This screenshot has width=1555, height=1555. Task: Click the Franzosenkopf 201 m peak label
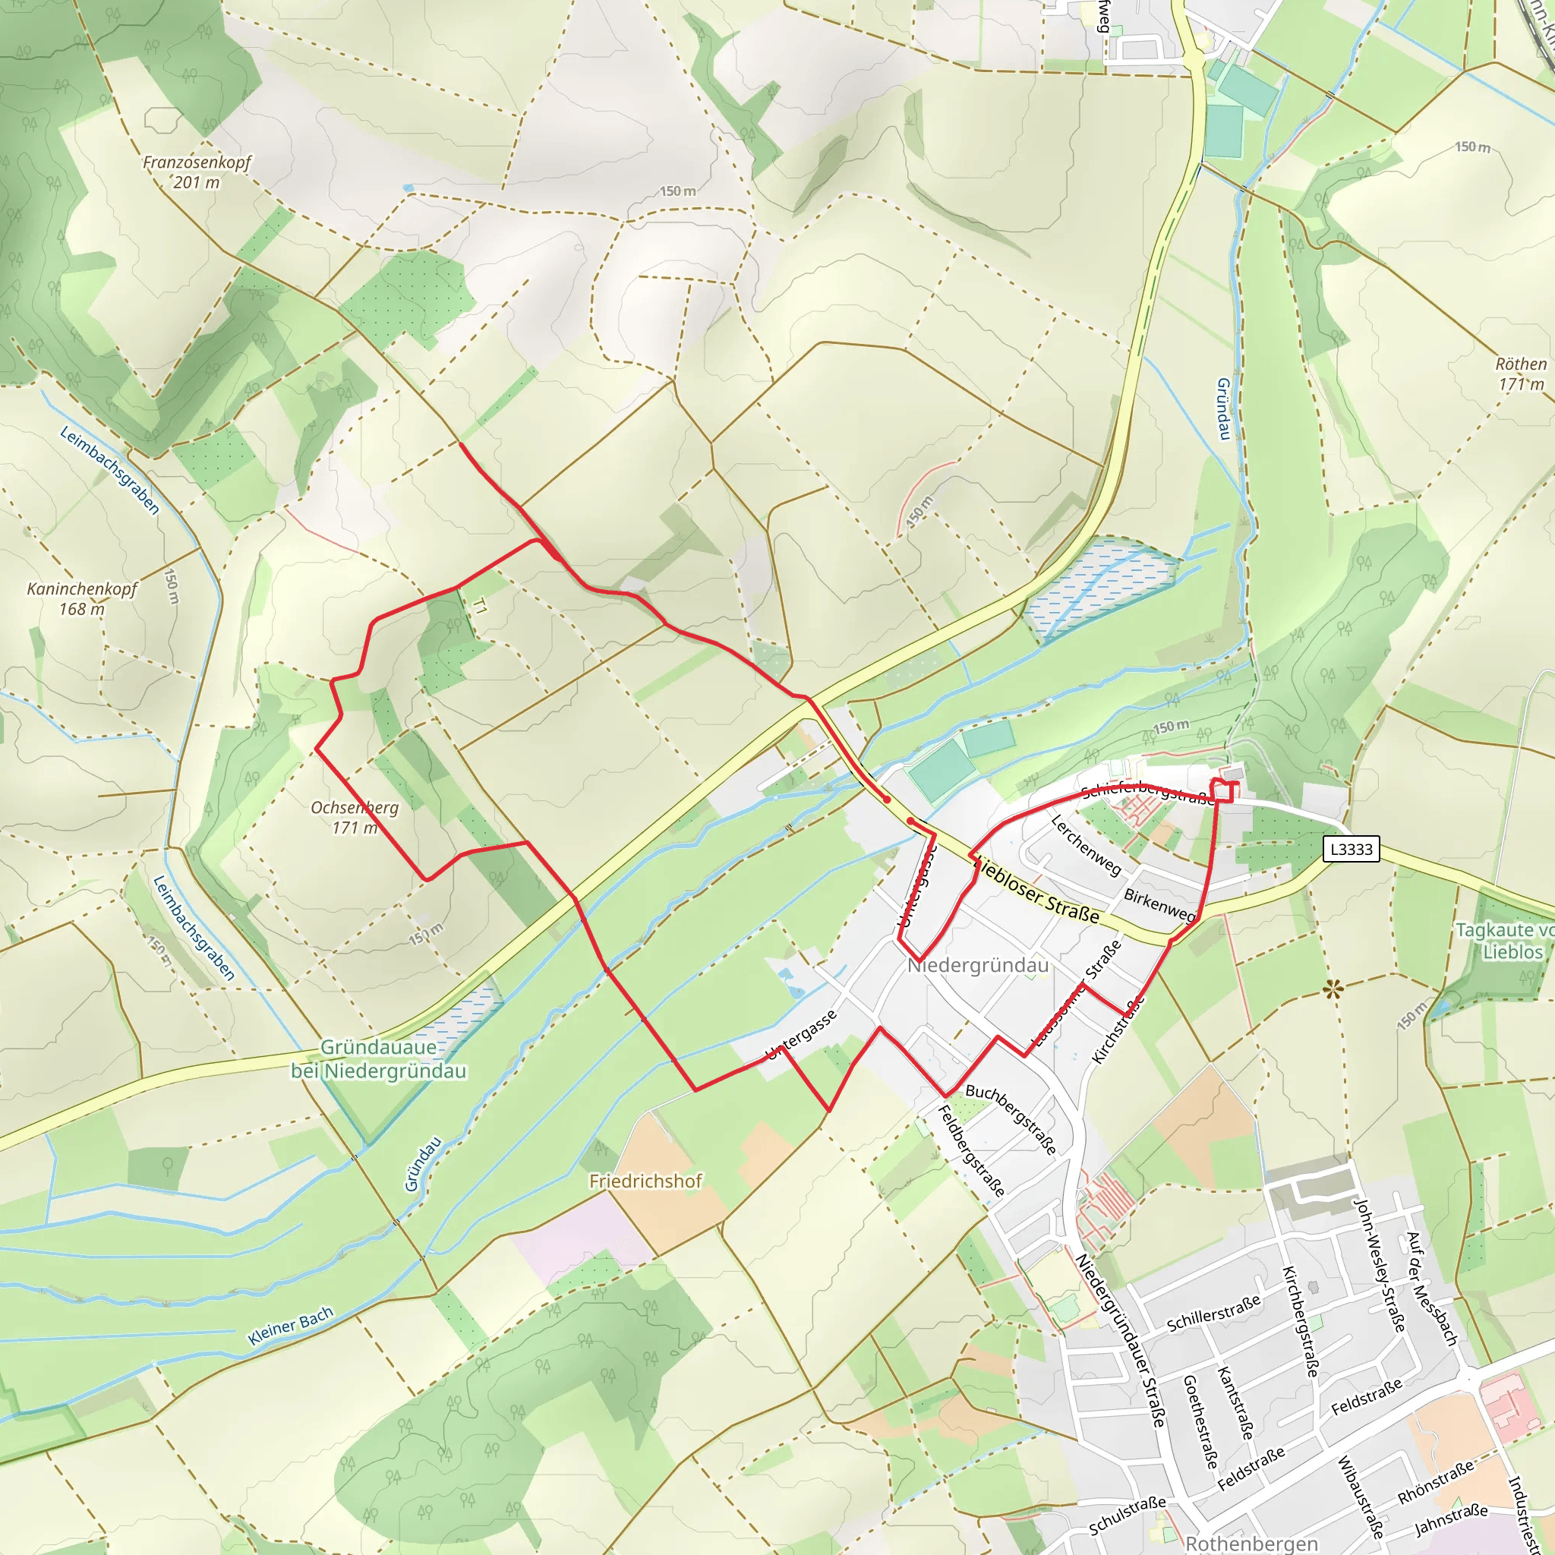click(197, 172)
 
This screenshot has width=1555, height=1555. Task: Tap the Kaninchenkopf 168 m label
click(82, 599)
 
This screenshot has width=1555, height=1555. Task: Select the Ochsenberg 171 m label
click(354, 817)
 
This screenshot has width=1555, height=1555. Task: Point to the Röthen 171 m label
click(1520, 374)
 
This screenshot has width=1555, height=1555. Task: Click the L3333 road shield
click(1352, 849)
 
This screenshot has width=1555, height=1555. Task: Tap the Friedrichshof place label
click(645, 1181)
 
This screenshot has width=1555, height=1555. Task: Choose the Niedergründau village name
click(978, 965)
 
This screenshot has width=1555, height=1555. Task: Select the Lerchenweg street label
click(1087, 845)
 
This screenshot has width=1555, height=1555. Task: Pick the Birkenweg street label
click(1159, 904)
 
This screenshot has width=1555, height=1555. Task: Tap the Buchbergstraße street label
click(1011, 1118)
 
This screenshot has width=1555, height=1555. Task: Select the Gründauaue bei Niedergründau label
click(378, 1059)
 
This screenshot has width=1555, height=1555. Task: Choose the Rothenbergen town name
click(1251, 1543)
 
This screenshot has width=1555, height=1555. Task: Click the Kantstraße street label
click(1235, 1403)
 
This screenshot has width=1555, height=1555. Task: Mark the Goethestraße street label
click(1199, 1421)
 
